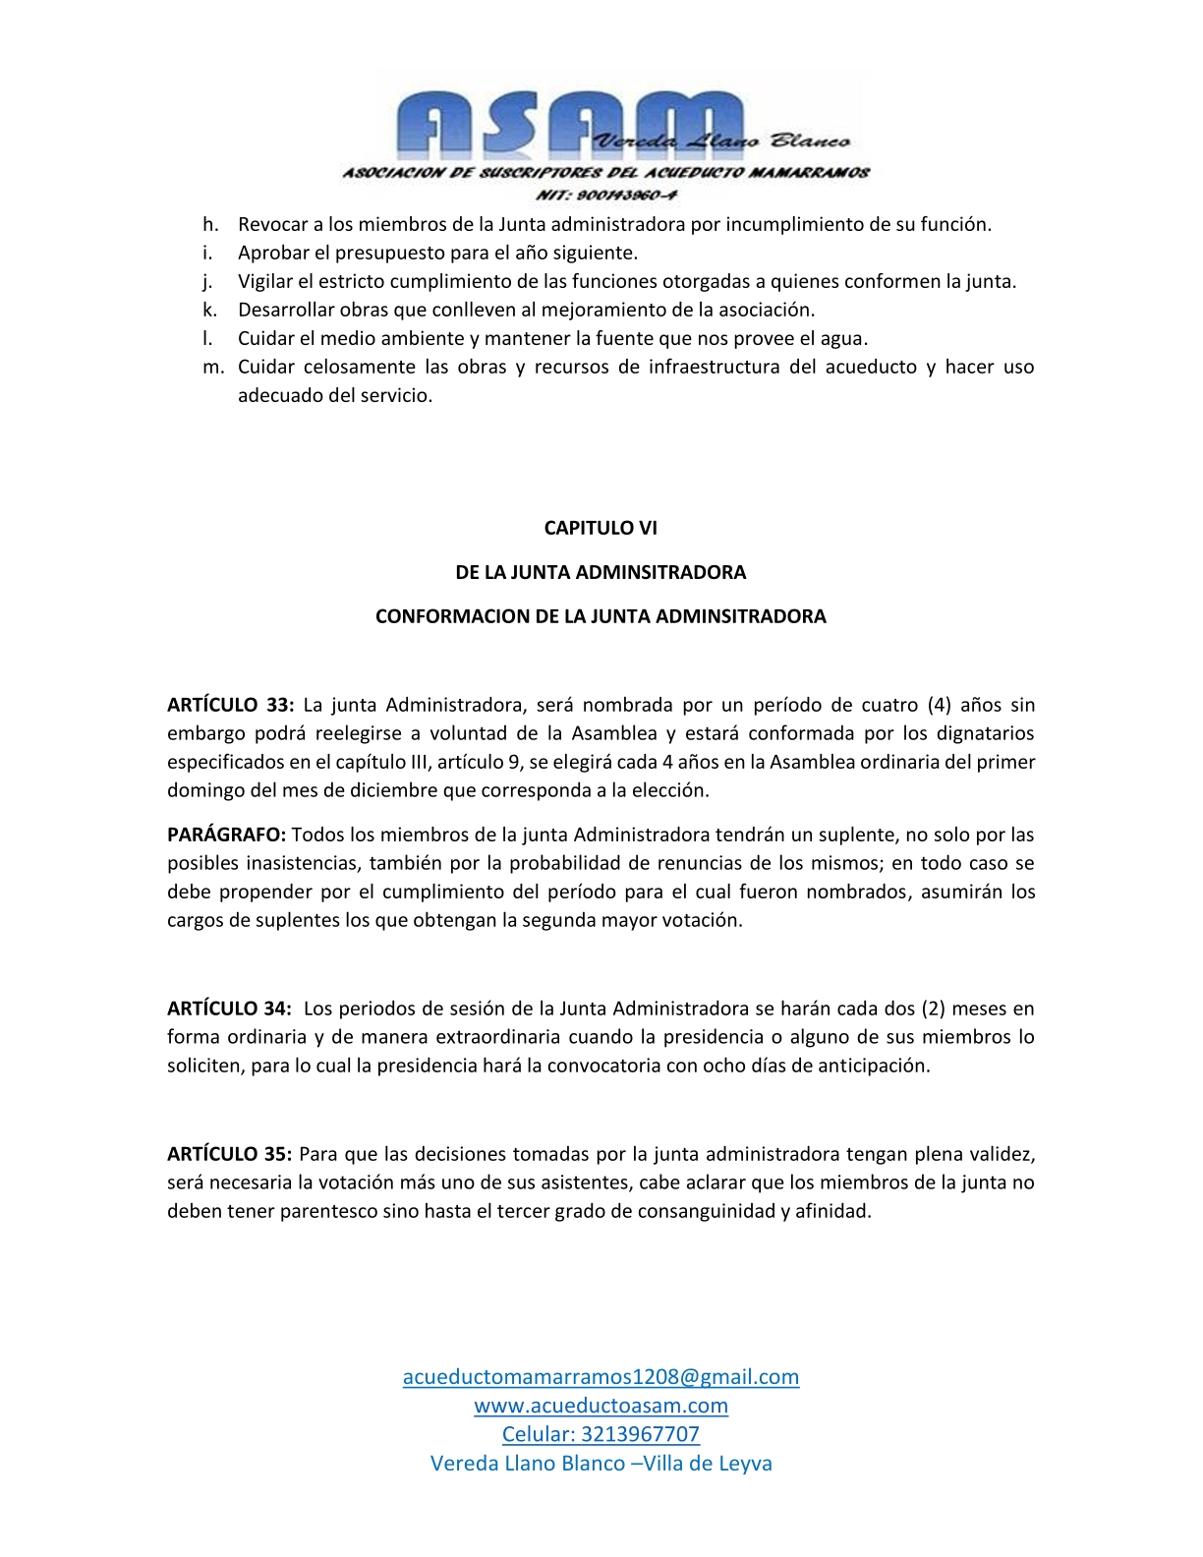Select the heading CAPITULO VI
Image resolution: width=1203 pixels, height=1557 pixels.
(x=601, y=528)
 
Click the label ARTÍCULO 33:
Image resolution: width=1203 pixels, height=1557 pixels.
(x=230, y=705)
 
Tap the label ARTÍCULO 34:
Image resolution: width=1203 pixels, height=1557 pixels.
(x=229, y=1009)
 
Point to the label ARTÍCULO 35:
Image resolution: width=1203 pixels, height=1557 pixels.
(x=229, y=1154)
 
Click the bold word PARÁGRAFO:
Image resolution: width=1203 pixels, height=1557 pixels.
(x=226, y=835)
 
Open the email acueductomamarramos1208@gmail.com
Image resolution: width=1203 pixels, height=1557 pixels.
(x=601, y=1376)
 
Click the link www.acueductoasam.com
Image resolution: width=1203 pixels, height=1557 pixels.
(x=601, y=1406)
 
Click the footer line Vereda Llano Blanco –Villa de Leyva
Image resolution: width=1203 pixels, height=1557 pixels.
(x=601, y=1464)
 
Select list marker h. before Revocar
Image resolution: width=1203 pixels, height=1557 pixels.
(x=209, y=224)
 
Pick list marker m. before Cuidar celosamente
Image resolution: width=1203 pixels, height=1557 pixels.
(x=213, y=367)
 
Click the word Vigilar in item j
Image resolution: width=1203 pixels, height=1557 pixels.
(x=265, y=281)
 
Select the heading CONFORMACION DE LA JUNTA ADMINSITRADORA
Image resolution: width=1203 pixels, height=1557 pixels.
(x=601, y=616)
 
